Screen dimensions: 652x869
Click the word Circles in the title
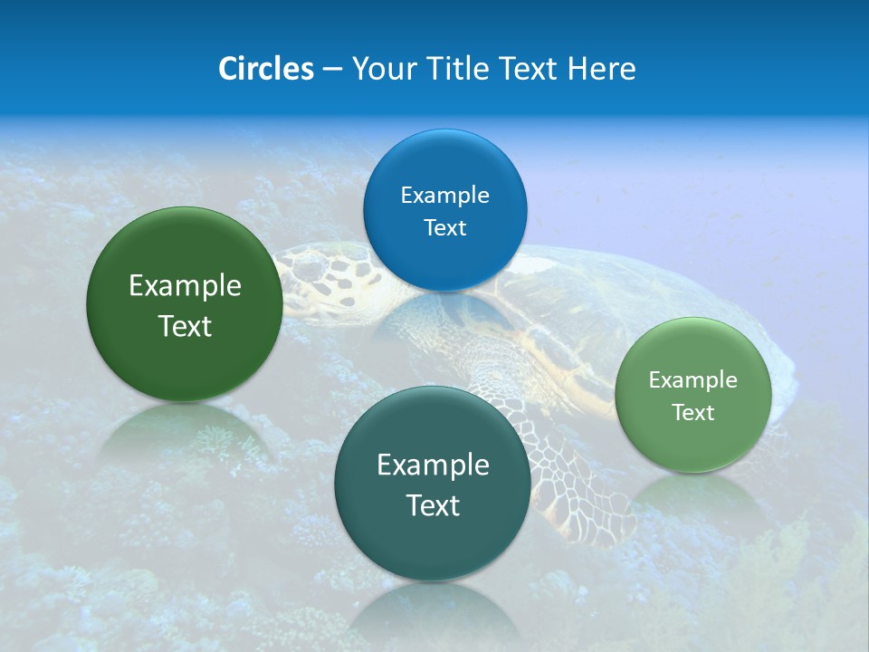point(265,69)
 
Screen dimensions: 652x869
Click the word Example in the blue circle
point(444,195)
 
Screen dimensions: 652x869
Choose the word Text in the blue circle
point(444,227)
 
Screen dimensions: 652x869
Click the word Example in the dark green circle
point(185,286)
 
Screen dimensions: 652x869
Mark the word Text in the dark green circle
point(185,326)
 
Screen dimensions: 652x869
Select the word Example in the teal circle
point(433,465)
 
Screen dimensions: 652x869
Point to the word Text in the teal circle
point(433,505)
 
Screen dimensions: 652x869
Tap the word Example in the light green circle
point(692,379)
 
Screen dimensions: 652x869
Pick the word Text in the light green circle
point(692,412)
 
